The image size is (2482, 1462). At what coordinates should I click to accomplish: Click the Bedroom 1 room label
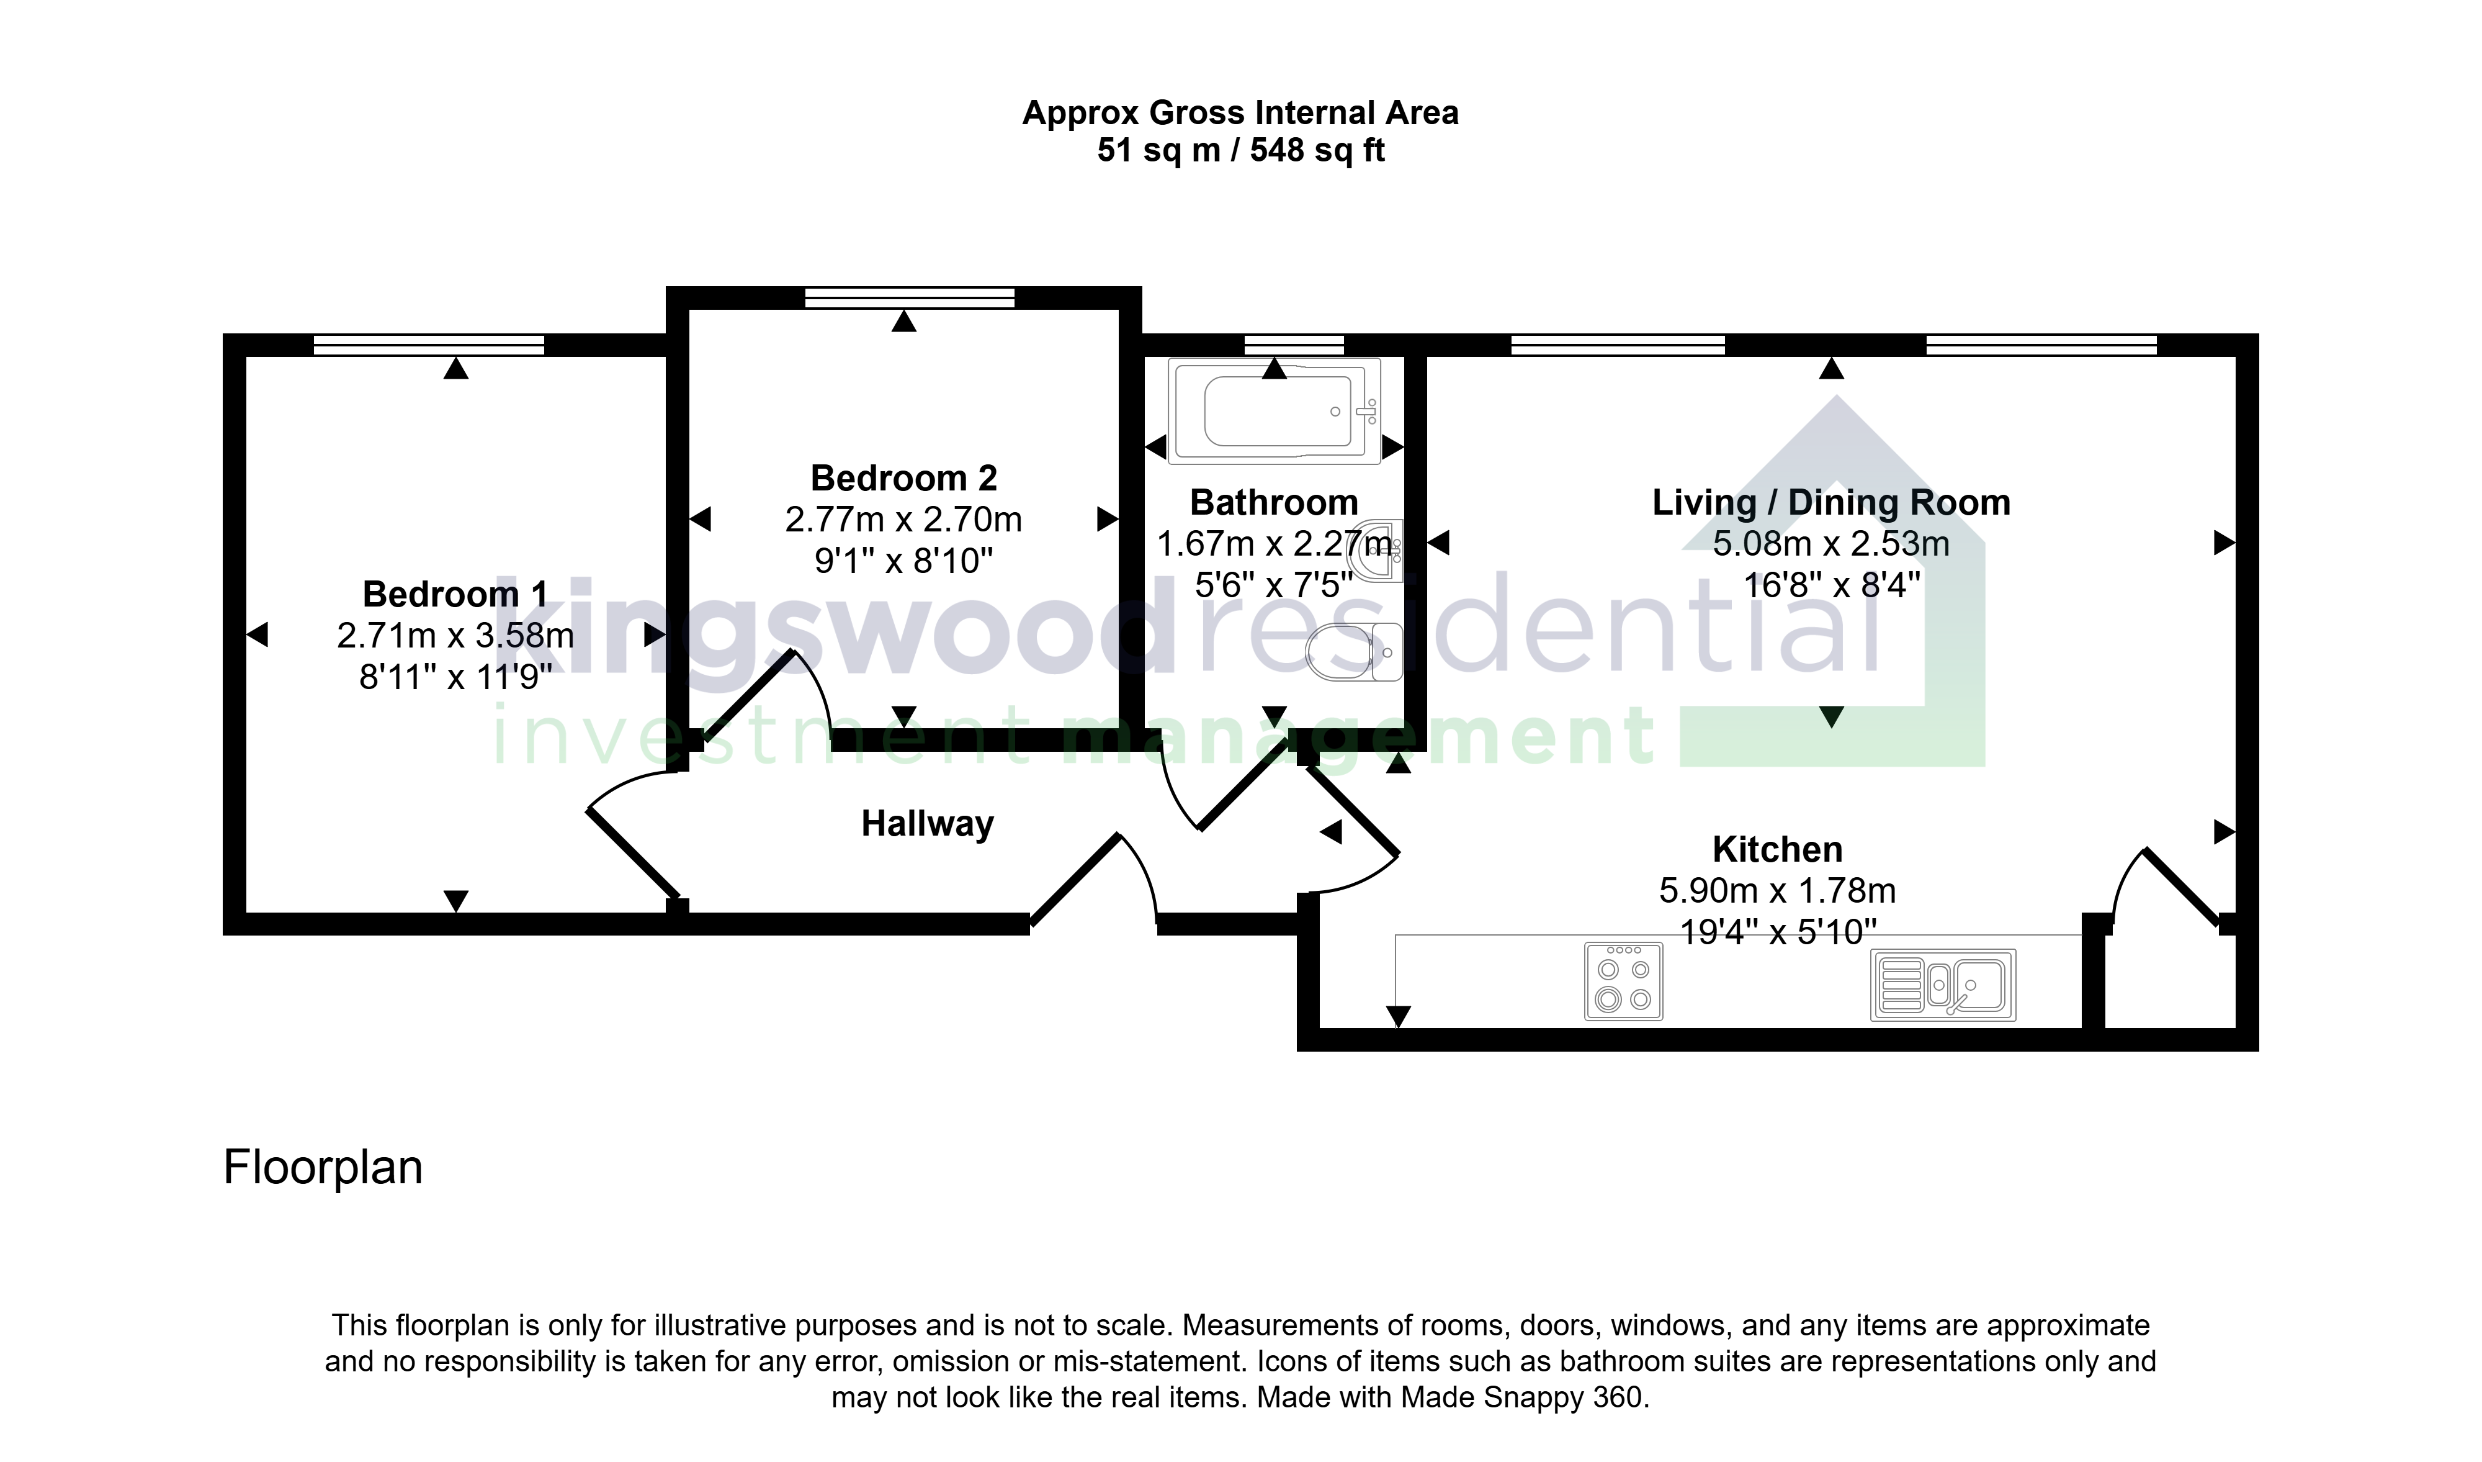[455, 594]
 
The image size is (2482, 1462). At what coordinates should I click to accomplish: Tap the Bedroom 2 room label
[903, 478]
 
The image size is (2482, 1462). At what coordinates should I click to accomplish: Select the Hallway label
[928, 824]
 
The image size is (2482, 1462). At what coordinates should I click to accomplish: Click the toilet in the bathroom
[1355, 651]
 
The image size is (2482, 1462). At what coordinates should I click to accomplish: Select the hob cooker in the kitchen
[1623, 981]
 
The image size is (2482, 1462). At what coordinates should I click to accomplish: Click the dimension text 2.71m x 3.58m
[455, 636]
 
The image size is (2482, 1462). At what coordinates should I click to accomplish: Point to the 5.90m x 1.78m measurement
[1776, 891]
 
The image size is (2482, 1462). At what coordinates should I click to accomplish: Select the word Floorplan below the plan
[323, 1168]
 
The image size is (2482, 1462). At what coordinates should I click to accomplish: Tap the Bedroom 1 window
[428, 345]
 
